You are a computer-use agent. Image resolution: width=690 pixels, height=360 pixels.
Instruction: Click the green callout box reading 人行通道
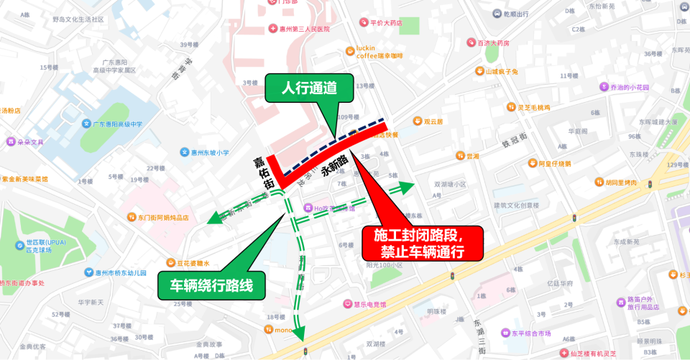pos(309,89)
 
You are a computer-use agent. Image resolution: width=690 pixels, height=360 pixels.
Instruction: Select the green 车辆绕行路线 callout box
pos(211,285)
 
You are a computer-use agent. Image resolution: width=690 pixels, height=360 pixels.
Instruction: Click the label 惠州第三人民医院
pos(298,29)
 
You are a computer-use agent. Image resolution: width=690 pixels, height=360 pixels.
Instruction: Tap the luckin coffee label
pos(379,52)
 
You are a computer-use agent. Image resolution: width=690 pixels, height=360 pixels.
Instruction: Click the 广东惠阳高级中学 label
pos(116,124)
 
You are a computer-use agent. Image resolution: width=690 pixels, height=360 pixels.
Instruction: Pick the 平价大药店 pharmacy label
pos(386,23)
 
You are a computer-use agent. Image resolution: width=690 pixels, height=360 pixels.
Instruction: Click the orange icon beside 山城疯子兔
pos(479,71)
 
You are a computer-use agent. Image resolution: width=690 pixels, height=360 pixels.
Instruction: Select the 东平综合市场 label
pos(530,333)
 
